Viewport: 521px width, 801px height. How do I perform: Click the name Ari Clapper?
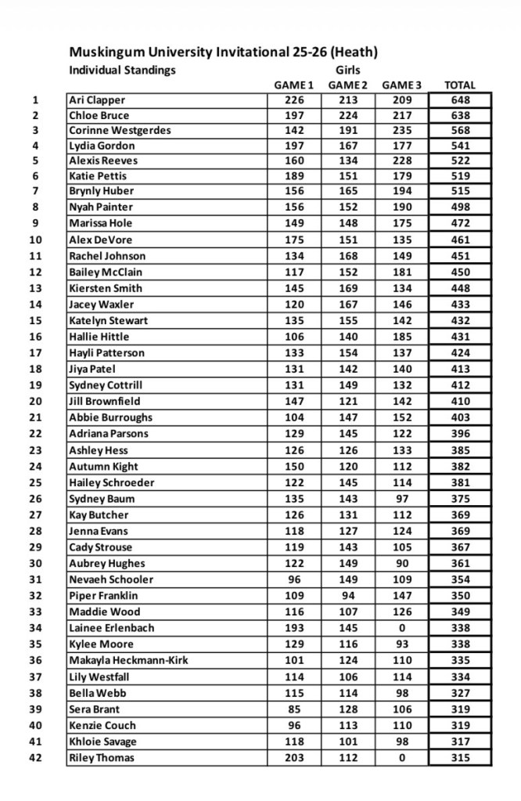point(97,100)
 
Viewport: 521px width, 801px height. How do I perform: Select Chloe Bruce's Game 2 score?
point(347,116)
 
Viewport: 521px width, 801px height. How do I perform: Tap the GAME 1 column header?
point(293,85)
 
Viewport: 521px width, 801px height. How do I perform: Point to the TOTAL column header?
point(459,85)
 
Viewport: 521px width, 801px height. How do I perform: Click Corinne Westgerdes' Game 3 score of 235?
point(401,131)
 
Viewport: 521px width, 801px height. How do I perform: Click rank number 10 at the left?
point(35,240)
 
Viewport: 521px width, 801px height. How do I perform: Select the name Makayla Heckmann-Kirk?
point(128,660)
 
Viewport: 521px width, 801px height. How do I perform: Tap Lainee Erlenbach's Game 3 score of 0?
point(401,628)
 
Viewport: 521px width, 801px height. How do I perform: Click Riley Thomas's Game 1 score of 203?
point(293,758)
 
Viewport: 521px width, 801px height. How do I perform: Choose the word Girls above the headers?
point(347,70)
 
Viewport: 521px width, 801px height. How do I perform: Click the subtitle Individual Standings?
point(122,70)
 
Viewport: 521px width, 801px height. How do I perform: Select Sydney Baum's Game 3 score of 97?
point(401,499)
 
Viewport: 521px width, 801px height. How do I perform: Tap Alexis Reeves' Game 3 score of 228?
point(401,161)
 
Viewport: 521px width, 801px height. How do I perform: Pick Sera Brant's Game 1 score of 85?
point(293,709)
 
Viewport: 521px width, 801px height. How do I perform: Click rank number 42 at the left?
point(35,758)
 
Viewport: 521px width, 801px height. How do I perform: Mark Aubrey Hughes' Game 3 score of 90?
point(401,564)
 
